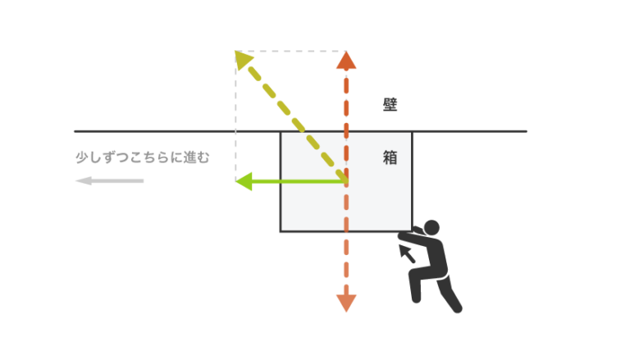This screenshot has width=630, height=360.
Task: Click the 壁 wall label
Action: pyautogui.click(x=390, y=104)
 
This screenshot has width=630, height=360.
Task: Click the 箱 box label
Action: pyautogui.click(x=390, y=157)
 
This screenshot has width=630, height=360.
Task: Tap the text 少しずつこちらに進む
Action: pyautogui.click(x=143, y=157)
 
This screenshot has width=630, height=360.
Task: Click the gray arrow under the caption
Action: pyautogui.click(x=110, y=180)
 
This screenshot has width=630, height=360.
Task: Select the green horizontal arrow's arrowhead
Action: pyautogui.click(x=244, y=181)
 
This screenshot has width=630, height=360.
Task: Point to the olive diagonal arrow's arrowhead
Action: pyautogui.click(x=244, y=60)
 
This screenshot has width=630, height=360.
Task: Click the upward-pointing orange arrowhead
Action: pyautogui.click(x=346, y=60)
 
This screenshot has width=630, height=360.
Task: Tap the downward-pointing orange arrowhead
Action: pyautogui.click(x=346, y=303)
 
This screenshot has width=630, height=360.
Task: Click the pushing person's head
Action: pyautogui.click(x=431, y=228)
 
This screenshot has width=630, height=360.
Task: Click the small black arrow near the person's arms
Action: pyautogui.click(x=407, y=254)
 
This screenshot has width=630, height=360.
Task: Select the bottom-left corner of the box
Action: pyautogui.click(x=281, y=231)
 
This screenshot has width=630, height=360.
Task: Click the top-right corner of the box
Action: pyautogui.click(x=412, y=132)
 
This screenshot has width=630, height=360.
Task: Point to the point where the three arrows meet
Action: pyautogui.click(x=346, y=181)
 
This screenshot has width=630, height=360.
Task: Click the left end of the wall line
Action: pyautogui.click(x=75, y=131)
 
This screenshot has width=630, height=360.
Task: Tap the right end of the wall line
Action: pyautogui.click(x=527, y=131)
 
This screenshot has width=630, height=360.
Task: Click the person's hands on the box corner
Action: pyautogui.click(x=410, y=232)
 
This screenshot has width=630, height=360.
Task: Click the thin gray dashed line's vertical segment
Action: pyautogui.click(x=236, y=116)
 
